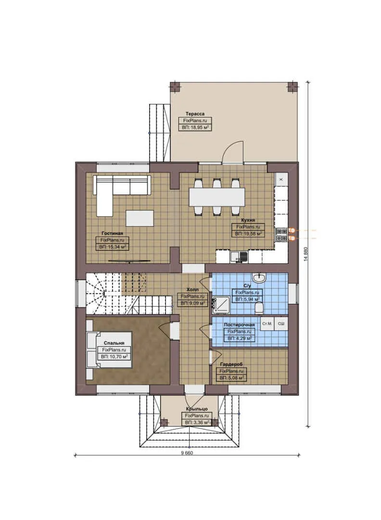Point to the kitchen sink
239,257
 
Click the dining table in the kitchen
216,196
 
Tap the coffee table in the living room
140,218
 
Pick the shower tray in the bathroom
221,305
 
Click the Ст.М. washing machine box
267,324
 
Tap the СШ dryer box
281,324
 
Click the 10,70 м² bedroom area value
114,357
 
